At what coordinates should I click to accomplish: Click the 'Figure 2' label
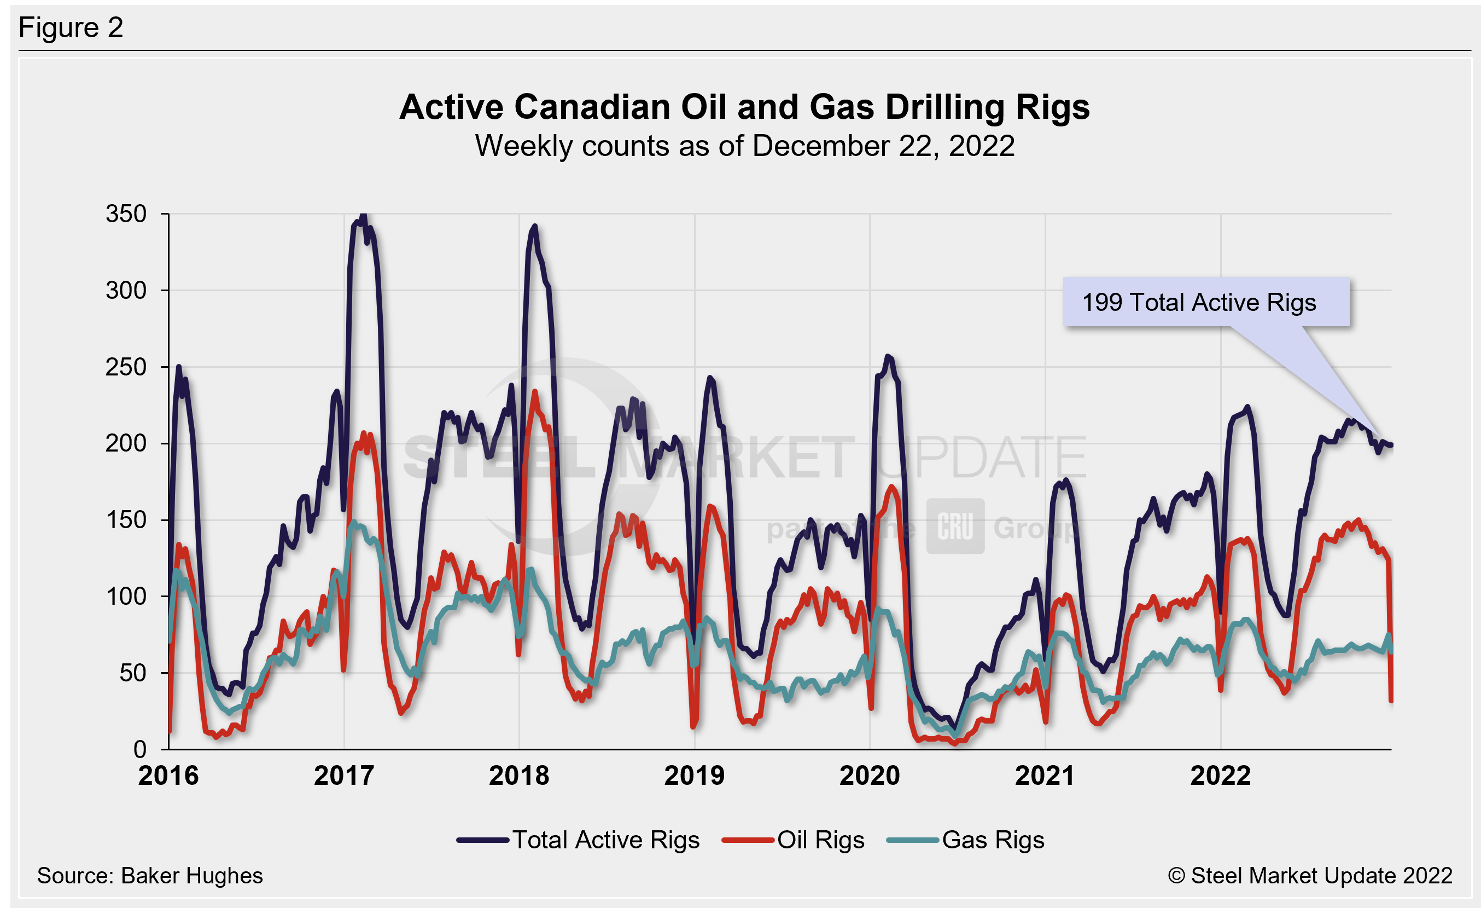tap(71, 28)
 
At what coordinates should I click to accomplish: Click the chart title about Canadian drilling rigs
tap(744, 107)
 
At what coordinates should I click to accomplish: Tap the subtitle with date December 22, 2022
tap(744, 146)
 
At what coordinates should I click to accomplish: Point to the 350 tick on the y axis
tap(126, 214)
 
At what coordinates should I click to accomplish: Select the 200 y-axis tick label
tap(126, 444)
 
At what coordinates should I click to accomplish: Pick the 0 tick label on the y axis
tap(139, 749)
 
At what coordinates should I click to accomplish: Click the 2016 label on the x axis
tap(168, 776)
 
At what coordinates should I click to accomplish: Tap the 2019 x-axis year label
tap(694, 776)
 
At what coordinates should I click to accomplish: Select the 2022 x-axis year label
tap(1220, 776)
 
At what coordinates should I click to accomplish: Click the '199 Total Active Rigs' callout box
tap(1205, 302)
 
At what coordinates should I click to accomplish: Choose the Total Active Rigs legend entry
tap(578, 840)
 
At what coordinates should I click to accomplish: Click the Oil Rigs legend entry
tap(793, 840)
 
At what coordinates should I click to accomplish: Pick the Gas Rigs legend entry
tap(965, 840)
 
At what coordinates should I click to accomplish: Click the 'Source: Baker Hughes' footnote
tap(150, 876)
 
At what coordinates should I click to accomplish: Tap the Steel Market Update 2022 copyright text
tap(1310, 876)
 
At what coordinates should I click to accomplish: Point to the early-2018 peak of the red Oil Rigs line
tap(535, 392)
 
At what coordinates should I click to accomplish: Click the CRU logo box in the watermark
tap(955, 526)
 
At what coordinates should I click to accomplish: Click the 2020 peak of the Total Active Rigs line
tap(888, 357)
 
